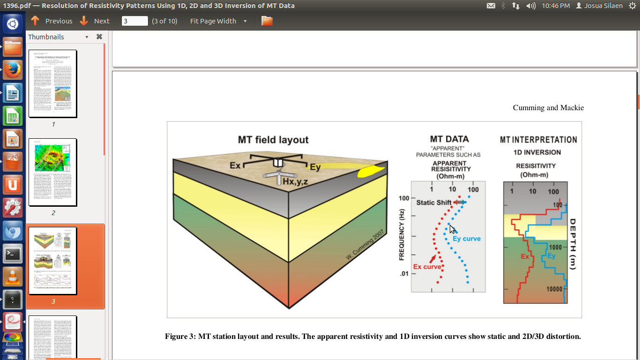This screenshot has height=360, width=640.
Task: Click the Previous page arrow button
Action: pos(35,21)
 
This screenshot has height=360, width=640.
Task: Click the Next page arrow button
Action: pos(84,21)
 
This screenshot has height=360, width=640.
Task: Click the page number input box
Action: pos(134,21)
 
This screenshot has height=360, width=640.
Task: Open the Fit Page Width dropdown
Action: pos(245,21)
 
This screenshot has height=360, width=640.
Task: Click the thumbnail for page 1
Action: pos(52,83)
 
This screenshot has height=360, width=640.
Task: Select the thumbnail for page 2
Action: pos(52,172)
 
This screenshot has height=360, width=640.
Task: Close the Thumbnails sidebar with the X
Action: pos(99,37)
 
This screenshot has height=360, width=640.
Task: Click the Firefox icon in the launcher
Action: pos(13,70)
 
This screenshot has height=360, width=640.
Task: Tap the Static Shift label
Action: pos(434,202)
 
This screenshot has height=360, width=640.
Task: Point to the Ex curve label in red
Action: pos(427,267)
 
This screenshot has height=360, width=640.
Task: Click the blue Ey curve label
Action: pos(467,239)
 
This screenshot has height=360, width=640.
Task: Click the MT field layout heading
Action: pos(273,140)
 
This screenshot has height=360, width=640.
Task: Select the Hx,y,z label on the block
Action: pos(295,181)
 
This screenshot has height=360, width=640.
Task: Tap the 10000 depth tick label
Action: pos(554,289)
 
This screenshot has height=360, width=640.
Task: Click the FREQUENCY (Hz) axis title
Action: pos(402,234)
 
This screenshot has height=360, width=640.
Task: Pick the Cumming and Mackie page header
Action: pos(548,108)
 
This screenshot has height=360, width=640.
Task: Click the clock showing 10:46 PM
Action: pos(556,6)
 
